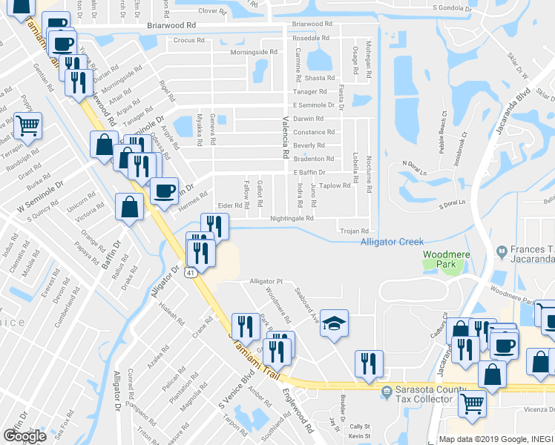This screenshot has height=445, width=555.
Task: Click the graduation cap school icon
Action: tap(335, 324)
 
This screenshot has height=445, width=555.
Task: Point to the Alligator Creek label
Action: tap(392, 242)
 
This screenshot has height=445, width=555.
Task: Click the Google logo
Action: tap(24, 436)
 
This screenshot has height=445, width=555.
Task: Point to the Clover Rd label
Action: tap(211, 11)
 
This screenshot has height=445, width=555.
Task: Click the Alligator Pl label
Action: tap(266, 282)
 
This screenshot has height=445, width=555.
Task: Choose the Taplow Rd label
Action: tap(335, 185)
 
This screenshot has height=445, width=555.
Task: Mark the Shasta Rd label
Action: tap(321, 78)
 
